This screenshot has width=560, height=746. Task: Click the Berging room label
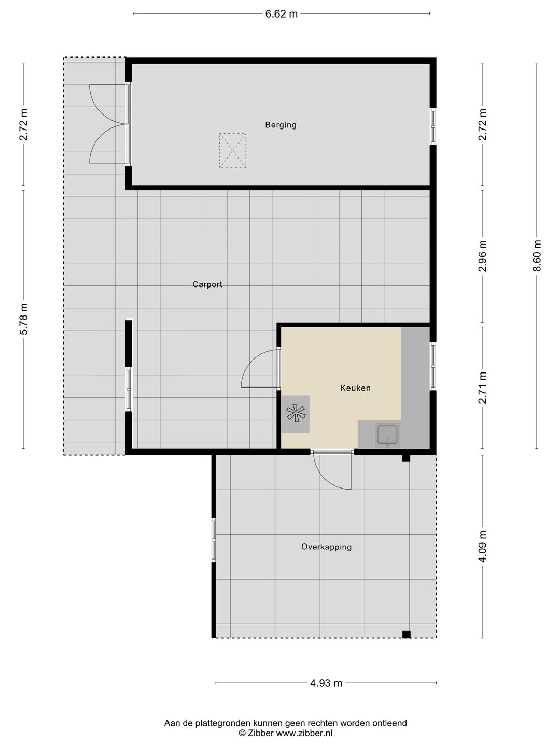pyautogui.click(x=281, y=125)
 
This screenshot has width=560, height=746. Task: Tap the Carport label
pyautogui.click(x=207, y=284)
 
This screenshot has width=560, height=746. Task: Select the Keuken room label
pyautogui.click(x=355, y=388)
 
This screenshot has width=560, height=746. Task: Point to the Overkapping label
pyautogui.click(x=327, y=547)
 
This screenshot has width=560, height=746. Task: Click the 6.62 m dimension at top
pyautogui.click(x=281, y=14)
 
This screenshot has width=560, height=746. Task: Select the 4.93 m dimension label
pyautogui.click(x=326, y=683)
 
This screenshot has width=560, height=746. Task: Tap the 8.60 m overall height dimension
pyautogui.click(x=537, y=256)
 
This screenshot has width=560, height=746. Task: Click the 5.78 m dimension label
pyautogui.click(x=23, y=319)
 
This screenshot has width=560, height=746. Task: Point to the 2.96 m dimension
pyautogui.click(x=482, y=256)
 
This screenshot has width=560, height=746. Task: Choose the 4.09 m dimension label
pyautogui.click(x=482, y=546)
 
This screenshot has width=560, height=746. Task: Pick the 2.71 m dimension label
pyautogui.click(x=482, y=388)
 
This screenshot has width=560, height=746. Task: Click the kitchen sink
pyautogui.click(x=388, y=435)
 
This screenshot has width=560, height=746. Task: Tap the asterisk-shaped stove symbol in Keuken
pyautogui.click(x=296, y=413)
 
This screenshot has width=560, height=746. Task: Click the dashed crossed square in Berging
pyautogui.click(x=233, y=151)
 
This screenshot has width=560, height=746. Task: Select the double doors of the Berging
pyautogui.click(x=109, y=124)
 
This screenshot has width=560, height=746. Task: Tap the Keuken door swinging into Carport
pyautogui.click(x=260, y=368)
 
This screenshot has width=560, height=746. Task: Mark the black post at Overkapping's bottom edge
pyautogui.click(x=406, y=634)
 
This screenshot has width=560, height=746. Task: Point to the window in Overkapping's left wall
pyautogui.click(x=214, y=540)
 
